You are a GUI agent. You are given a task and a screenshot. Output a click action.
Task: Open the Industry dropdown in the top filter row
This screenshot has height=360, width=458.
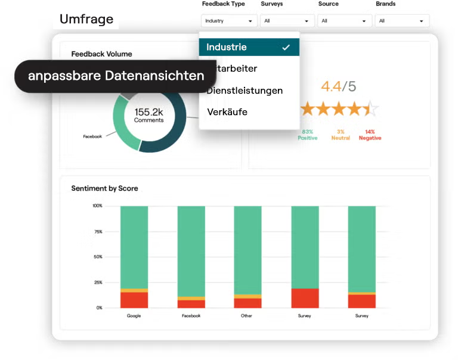click(x=229, y=21)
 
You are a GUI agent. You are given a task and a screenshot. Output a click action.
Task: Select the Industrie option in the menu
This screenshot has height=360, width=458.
click(x=227, y=47)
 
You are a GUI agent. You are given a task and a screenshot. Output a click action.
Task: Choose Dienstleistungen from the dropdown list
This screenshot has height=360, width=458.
click(x=245, y=91)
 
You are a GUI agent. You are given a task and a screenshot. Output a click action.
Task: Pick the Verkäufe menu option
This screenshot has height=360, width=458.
click(x=227, y=112)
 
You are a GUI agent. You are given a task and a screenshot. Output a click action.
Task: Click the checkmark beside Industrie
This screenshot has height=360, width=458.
click(x=286, y=47)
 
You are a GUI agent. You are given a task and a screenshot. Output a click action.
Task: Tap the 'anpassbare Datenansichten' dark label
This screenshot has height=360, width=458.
click(x=116, y=76)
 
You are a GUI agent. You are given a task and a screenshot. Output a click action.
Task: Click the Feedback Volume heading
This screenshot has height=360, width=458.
click(x=101, y=54)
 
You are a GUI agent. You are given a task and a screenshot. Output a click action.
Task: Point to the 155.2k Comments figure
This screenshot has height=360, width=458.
click(x=148, y=115)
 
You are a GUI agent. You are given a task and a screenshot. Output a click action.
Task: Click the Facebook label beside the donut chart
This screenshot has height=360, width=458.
click(x=92, y=136)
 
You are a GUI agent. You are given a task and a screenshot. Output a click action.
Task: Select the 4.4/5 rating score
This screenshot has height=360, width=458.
click(x=338, y=86)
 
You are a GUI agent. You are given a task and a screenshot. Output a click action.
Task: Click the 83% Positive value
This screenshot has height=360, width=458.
click(x=308, y=135)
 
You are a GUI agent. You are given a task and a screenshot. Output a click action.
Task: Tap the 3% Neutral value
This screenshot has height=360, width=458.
click(x=340, y=135)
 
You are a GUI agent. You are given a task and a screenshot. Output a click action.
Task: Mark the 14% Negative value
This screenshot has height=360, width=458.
click(x=370, y=135)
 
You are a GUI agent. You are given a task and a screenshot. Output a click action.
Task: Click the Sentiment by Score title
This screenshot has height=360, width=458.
click(x=104, y=188)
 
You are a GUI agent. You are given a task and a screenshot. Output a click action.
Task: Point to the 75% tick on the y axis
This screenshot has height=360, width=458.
click(x=97, y=231)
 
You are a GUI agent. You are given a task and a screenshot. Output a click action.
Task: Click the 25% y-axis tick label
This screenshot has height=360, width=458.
click(x=97, y=283)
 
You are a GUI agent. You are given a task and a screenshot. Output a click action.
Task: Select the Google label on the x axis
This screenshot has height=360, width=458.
click(x=134, y=316)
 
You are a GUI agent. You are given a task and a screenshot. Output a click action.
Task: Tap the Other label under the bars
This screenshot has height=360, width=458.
click(x=246, y=316)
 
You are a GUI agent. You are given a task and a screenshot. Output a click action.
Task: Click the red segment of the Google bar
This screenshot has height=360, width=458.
click(x=134, y=300)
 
